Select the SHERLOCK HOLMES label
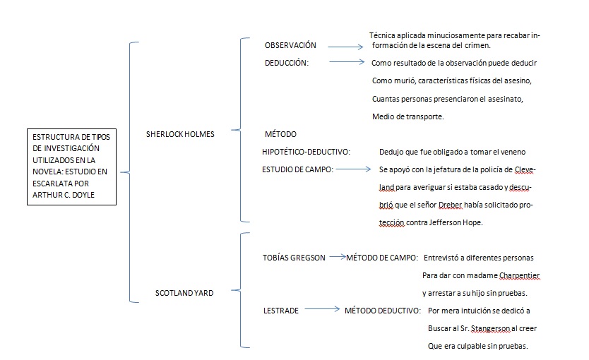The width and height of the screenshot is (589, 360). pos(179,133)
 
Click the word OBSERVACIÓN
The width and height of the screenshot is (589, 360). pos(290,45)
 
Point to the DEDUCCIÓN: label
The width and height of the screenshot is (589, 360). pos(287,62)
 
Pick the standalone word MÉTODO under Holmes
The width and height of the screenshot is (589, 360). pos(280,134)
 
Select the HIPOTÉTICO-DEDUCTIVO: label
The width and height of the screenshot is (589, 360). pos(307,152)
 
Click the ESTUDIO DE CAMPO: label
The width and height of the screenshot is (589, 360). pos(297,169)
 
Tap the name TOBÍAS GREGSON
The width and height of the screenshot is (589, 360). pos(294,258)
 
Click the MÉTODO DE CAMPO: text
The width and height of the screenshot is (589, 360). pos(381,258)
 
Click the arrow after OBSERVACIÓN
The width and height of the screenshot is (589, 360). pos(345,47)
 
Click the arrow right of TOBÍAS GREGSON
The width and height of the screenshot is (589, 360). pos(337,257)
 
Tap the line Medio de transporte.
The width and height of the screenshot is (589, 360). pos(407,116)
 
